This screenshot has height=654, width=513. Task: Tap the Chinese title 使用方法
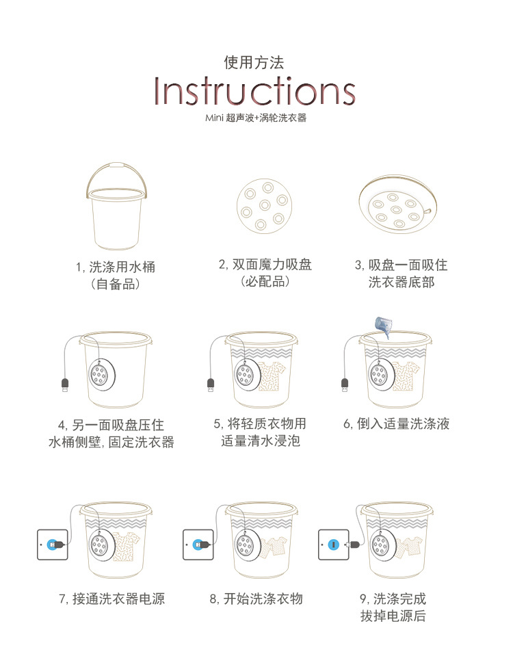[254, 62]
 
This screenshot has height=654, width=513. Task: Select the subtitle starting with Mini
[256, 118]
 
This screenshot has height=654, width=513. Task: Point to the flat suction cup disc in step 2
[265, 206]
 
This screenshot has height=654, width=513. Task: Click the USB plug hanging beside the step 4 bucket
[66, 385]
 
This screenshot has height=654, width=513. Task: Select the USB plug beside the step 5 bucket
[211, 384]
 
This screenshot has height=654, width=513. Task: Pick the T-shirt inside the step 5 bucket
[272, 376]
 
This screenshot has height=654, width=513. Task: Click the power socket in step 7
[53, 545]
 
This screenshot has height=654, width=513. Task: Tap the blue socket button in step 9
[333, 545]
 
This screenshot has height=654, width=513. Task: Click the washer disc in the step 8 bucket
[246, 545]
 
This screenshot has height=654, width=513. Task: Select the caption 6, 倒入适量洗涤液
[396, 423]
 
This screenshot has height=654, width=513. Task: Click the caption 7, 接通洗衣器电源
[112, 599]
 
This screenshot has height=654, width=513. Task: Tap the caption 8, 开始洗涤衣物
[256, 599]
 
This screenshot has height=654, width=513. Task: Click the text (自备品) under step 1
[115, 284]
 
